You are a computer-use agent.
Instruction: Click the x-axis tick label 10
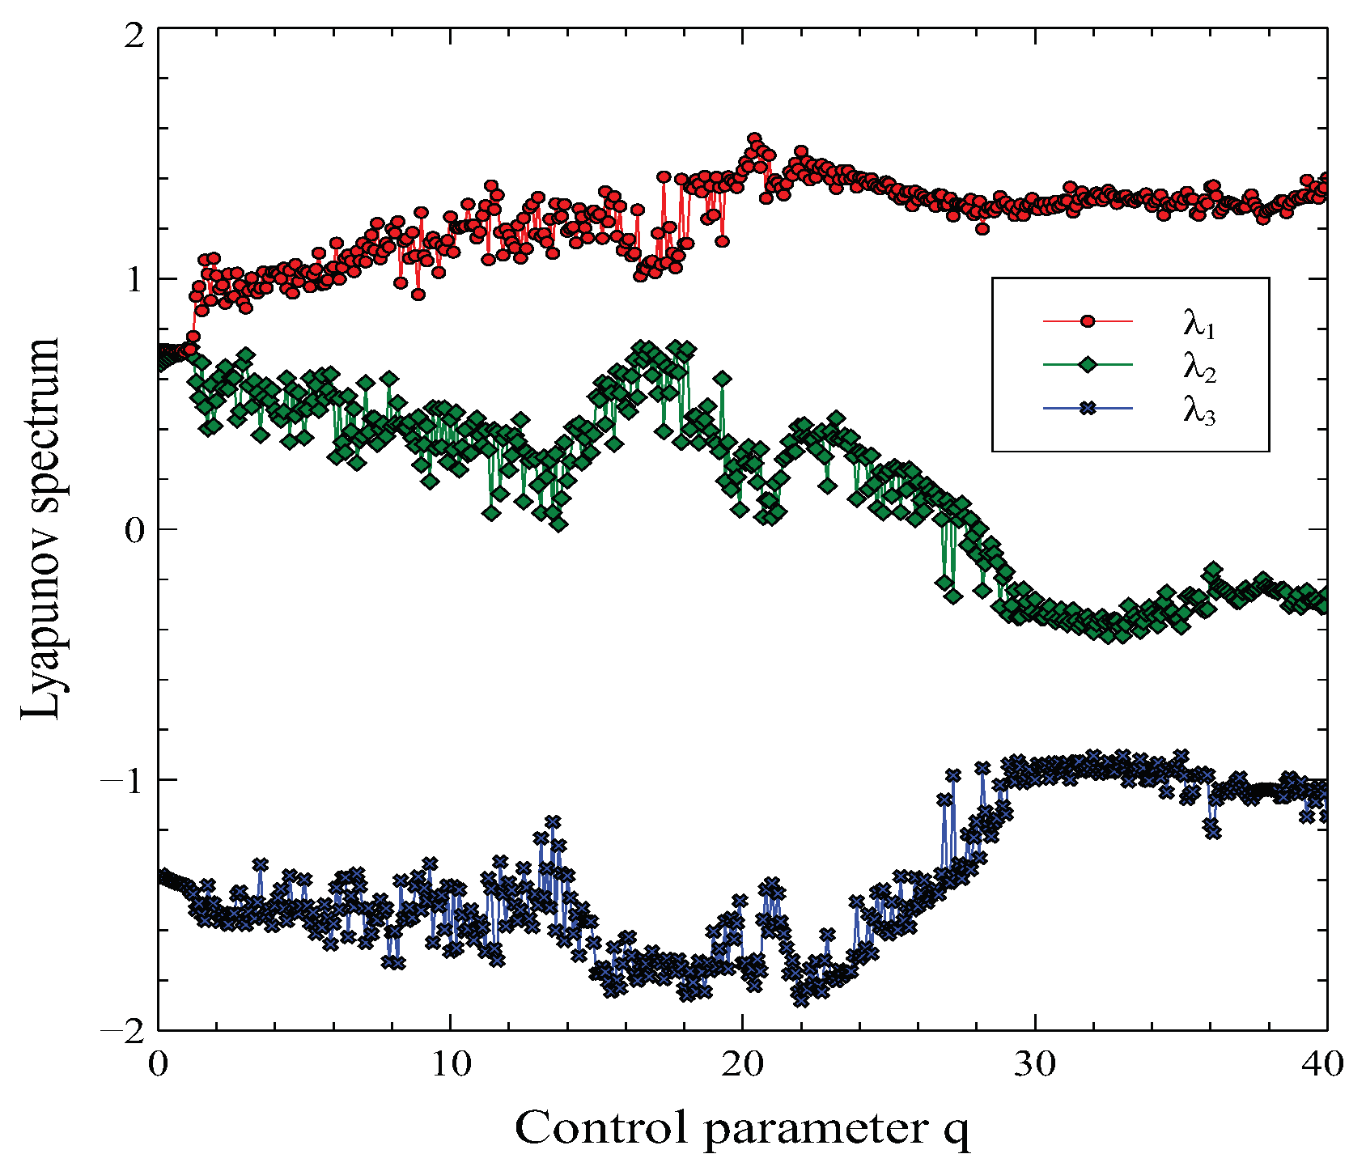[x=451, y=1063]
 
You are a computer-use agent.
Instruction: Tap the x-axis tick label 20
[x=743, y=1063]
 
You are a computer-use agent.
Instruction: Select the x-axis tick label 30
[x=1035, y=1063]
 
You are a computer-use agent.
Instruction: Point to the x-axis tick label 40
[x=1324, y=1063]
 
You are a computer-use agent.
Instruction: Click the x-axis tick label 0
[x=158, y=1063]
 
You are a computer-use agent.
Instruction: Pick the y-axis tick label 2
[x=133, y=36]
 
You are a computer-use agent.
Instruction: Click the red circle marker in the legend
[x=1088, y=322]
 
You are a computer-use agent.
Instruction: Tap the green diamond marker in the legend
[x=1088, y=366]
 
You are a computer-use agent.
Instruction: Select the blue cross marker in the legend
[x=1088, y=409]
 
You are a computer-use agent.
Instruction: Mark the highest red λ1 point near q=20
[x=754, y=139]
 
